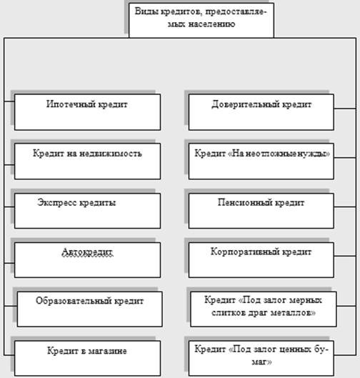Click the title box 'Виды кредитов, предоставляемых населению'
tap(201, 20)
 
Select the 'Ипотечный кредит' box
tap(87, 112)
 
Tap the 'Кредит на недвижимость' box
tap(87, 161)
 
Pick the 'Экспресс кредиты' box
tap(87, 211)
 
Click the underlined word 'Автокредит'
tap(87, 252)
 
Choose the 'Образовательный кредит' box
tap(89, 309)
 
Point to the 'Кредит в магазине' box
tap(87, 358)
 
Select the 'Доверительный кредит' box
tap(261, 112)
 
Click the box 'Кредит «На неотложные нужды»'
tap(261, 161)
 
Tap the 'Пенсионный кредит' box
tap(261, 211)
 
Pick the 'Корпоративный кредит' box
tap(261, 260)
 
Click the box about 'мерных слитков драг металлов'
tap(264, 309)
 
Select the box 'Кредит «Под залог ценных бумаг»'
tap(261, 358)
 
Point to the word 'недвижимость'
tap(111, 154)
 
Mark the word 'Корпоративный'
tap(244, 252)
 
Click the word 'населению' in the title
tap(211, 24)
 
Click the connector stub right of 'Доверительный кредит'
tap(345, 109)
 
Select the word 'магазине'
tap(107, 351)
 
